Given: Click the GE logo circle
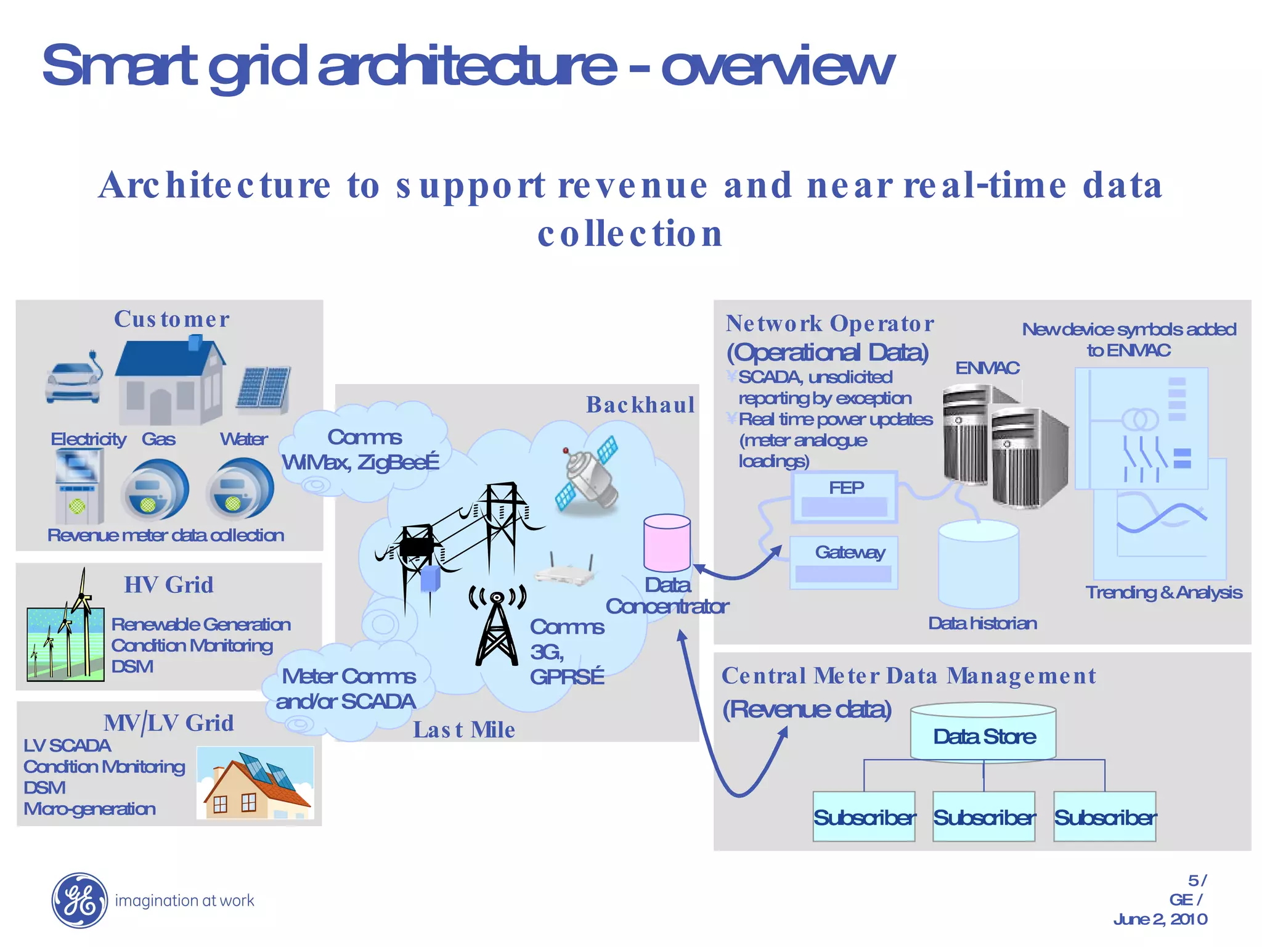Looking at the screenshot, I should coord(79,900).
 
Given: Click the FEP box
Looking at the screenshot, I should coord(845,497).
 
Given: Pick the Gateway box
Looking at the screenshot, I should coord(844,562).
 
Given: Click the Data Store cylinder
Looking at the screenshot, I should coord(983,733).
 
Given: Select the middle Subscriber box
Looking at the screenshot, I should coord(983,816).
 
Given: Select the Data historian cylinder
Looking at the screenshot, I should coord(978,564).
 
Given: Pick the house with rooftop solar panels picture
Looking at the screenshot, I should coord(255,782).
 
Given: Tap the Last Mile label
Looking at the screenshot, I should coord(463,730).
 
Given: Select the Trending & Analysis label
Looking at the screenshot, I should coord(1163,592).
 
